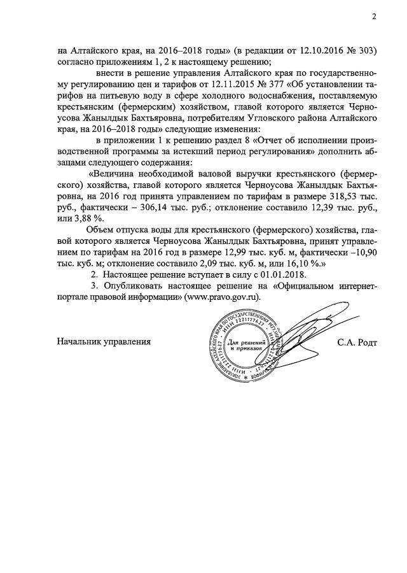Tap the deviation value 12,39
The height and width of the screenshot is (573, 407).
pos(319,207)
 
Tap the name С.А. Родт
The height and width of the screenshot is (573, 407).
pos(357,343)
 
